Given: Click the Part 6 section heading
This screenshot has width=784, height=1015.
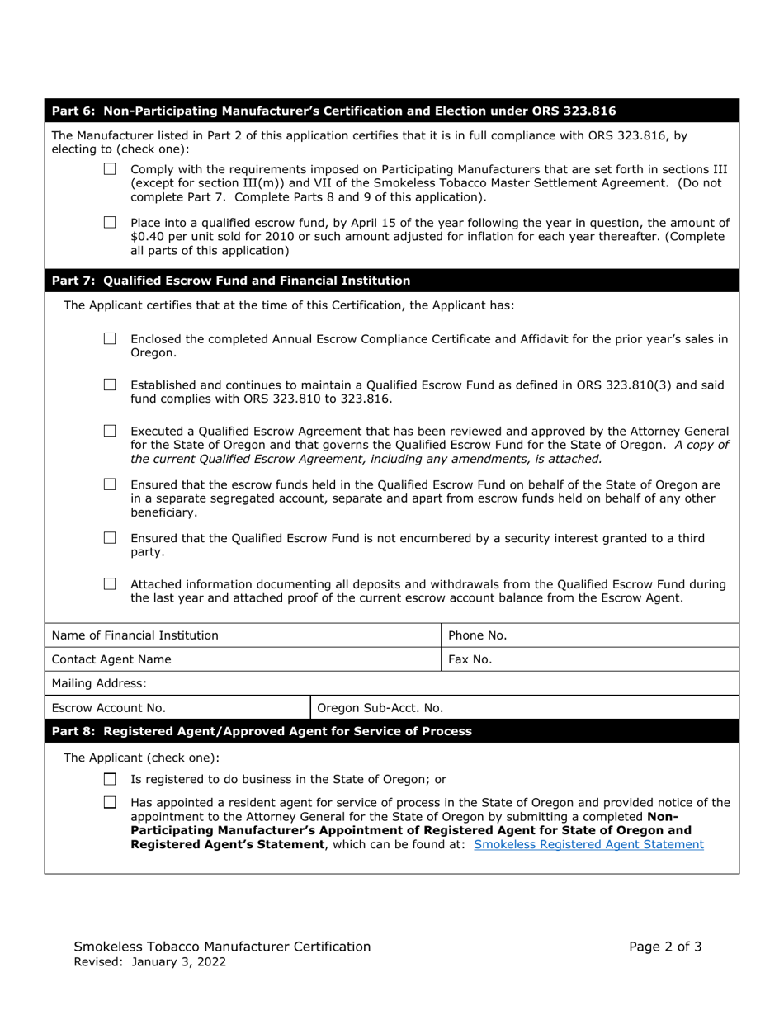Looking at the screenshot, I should (x=333, y=111).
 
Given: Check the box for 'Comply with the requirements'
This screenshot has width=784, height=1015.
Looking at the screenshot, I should (x=110, y=169).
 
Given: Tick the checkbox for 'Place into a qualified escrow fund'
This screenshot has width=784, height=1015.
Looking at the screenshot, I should (x=110, y=222).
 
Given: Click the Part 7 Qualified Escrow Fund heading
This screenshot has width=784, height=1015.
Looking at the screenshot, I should (x=231, y=281).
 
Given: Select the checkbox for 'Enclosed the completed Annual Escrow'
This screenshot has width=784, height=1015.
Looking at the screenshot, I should (x=110, y=338).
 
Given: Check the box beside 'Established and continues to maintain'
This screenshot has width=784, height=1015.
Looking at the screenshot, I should (x=110, y=385).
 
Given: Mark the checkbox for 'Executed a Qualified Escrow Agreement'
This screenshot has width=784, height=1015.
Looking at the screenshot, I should (x=110, y=431).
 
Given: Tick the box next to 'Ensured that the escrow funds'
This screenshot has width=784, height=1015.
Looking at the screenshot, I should (x=110, y=484).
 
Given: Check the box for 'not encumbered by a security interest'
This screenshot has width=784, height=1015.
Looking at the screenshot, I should (x=110, y=538).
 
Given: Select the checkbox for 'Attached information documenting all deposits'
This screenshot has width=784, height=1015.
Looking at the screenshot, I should (x=110, y=584).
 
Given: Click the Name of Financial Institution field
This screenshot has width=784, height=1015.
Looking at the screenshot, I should (x=330, y=635).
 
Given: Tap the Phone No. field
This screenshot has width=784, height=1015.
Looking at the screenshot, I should (x=619, y=635).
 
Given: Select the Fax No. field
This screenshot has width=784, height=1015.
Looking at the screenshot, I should (x=619, y=659).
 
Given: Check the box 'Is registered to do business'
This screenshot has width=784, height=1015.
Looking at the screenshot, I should (x=110, y=779).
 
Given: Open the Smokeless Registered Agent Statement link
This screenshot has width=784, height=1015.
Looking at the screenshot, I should (x=589, y=844).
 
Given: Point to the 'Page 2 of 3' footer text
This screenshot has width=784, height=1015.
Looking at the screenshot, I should (x=665, y=947).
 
